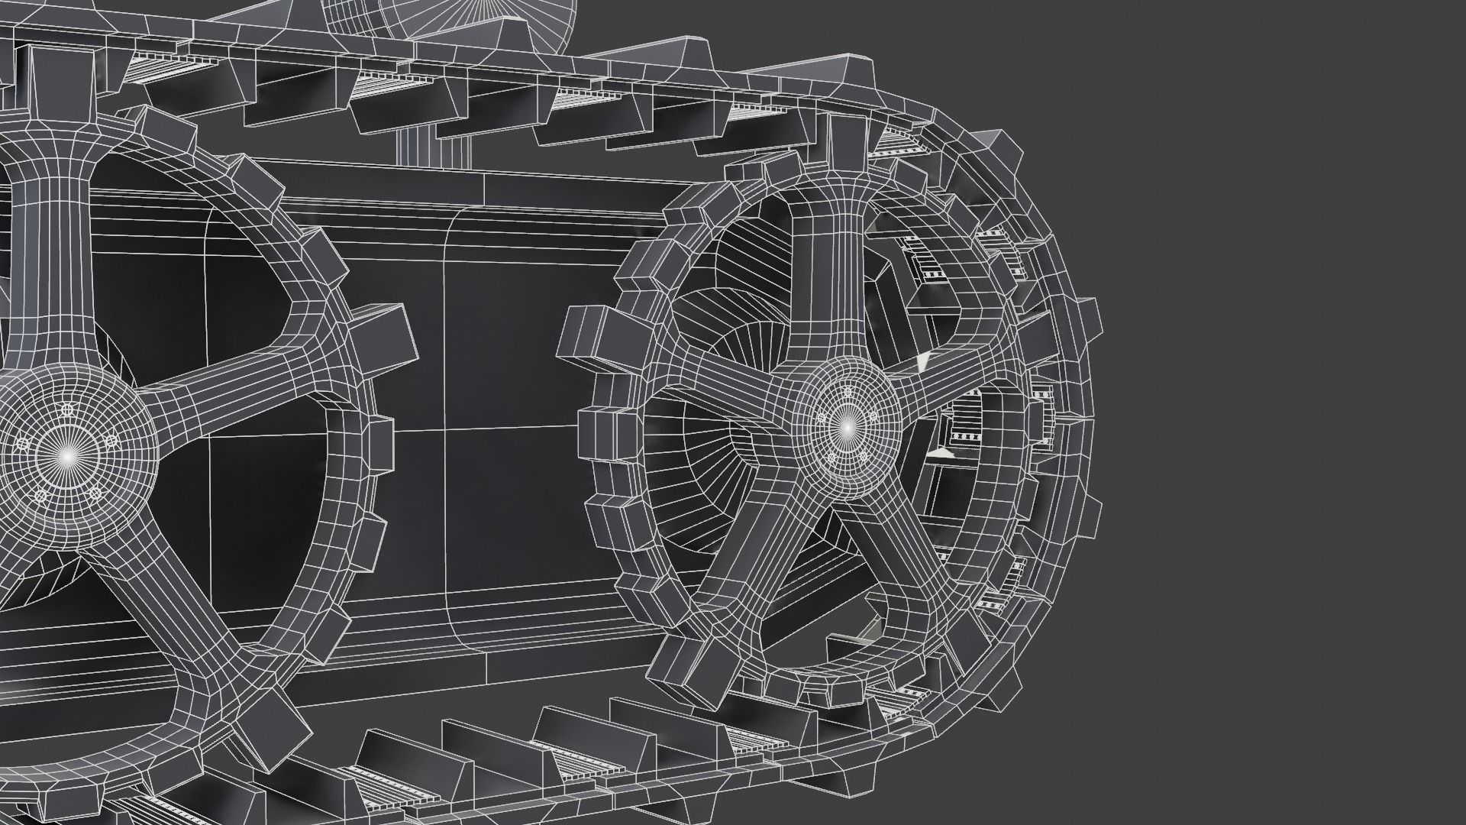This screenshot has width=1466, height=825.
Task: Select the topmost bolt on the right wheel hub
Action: [846, 393]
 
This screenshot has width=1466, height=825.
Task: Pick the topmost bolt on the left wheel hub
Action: [67, 411]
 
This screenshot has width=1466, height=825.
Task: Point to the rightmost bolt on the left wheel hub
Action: [111, 442]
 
